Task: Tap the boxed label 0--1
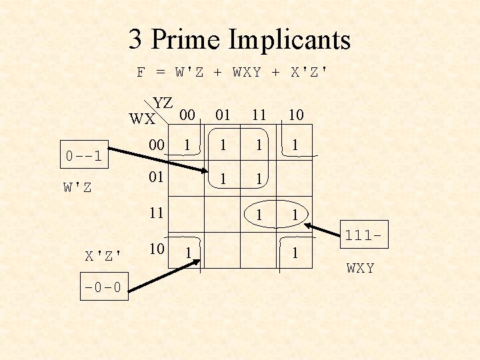coord(84,157)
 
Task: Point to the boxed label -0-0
coord(103,288)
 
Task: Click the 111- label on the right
coord(361,235)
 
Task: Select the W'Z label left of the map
coord(78,187)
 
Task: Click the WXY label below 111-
coord(360,268)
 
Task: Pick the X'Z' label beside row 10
coord(103,254)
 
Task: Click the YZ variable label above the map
coord(163,103)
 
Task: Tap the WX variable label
coord(142,119)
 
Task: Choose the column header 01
coord(222,115)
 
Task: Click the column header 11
coord(258,115)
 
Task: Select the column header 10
coord(295,115)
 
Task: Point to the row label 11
coord(157,213)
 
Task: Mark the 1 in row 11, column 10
coord(295,215)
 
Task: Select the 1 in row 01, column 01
coord(222,179)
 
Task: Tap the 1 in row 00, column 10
coord(295,144)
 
